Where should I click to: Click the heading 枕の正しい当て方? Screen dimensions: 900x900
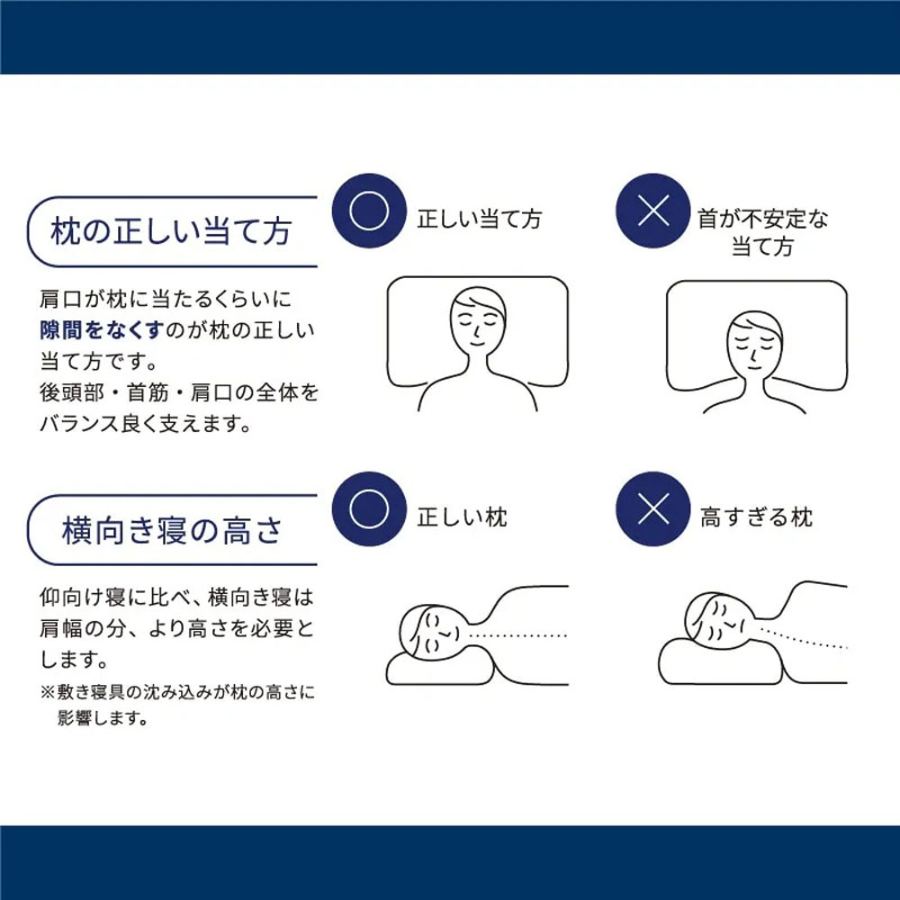tap(171, 230)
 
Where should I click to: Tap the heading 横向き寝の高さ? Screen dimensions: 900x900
tap(172, 530)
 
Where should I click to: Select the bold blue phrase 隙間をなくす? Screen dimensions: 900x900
tap(103, 330)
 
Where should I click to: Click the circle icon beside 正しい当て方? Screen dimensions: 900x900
tap(369, 211)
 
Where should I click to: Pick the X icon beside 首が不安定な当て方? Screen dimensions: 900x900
tap(653, 211)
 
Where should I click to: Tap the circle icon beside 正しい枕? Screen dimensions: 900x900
tap(369, 509)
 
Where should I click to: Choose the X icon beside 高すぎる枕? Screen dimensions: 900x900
tap(653, 509)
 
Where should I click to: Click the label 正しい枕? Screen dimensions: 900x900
tap(462, 517)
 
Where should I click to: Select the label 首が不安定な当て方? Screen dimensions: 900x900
tap(763, 232)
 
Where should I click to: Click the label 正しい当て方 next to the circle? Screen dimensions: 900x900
tap(480, 219)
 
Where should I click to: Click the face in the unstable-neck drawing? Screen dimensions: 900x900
tap(754, 343)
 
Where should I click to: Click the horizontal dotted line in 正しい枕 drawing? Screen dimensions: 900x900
tap(517, 635)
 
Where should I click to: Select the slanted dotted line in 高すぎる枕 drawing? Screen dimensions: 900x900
tap(803, 636)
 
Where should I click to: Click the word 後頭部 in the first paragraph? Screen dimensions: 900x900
tap(72, 392)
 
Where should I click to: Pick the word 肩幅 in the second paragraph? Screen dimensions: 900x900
tap(61, 629)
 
